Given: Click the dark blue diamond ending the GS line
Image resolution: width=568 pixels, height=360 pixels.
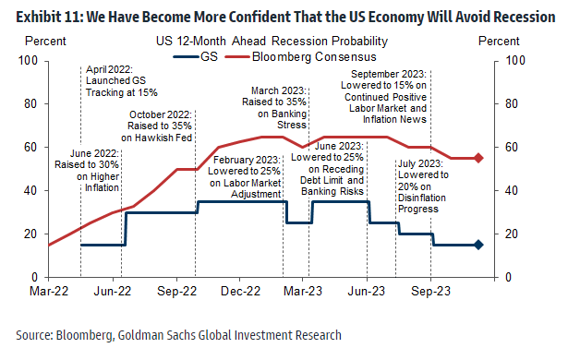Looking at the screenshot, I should click(478, 245).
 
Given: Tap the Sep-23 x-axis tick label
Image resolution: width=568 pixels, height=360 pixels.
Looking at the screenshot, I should click(429, 289).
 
